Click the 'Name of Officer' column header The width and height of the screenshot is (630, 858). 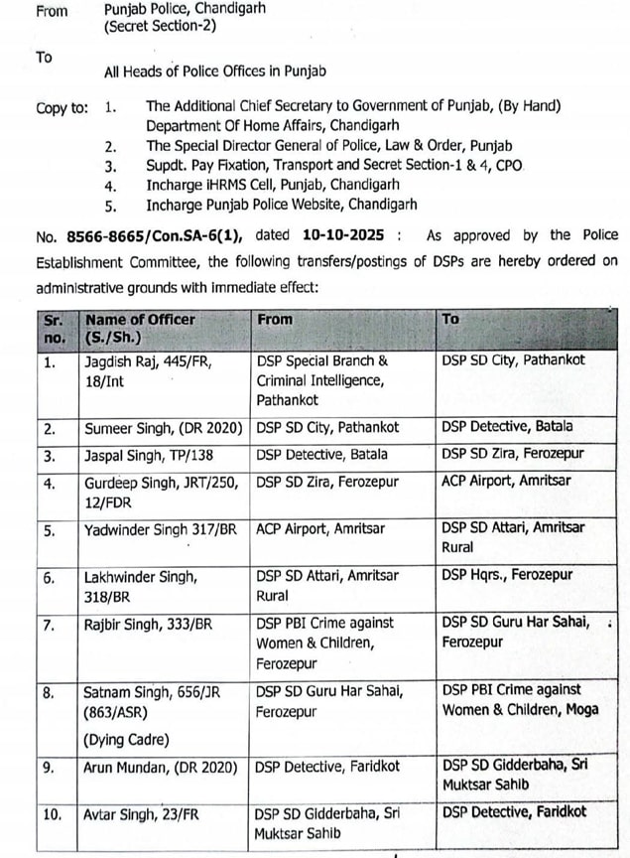pos(140,320)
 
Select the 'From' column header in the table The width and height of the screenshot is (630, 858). pos(275,320)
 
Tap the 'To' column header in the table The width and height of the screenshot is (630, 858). pos(451,320)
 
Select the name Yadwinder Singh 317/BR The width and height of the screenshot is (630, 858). pos(165,528)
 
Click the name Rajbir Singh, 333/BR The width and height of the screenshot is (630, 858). pos(149,623)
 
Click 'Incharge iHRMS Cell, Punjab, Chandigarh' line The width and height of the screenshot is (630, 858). pos(273,184)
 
